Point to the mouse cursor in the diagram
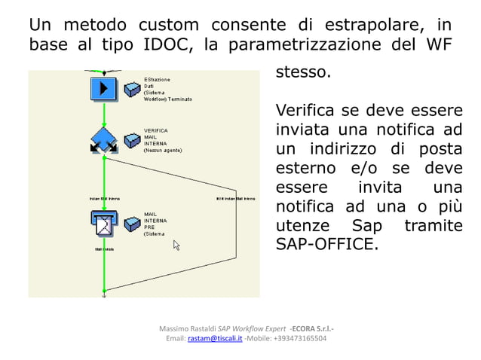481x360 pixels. point(177,245)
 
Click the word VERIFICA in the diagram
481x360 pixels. point(156,130)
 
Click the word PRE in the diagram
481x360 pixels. point(149,227)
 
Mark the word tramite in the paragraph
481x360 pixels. point(433,225)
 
